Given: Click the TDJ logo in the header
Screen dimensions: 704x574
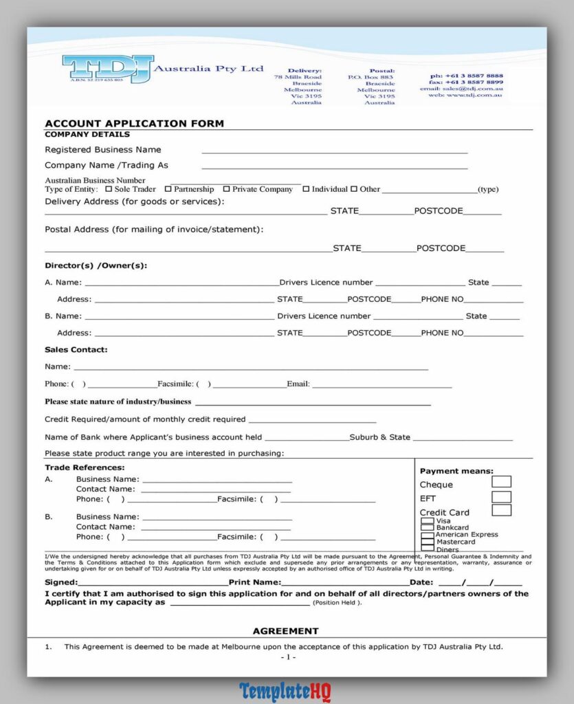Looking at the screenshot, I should [109, 69].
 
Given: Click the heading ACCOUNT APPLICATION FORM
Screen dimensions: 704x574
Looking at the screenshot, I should [134, 124].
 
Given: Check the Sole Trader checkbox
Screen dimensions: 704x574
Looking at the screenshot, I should [109, 189].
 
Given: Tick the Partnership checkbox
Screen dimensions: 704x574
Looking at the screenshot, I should [168, 189].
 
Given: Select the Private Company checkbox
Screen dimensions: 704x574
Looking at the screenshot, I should [226, 189].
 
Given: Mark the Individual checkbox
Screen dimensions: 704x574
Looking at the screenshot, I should [306, 189].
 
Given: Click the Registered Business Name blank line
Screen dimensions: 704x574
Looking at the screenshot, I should [334, 151].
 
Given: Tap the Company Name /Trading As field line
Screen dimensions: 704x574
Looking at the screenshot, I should [334, 166].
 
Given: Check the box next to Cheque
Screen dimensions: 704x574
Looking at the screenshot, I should [501, 482].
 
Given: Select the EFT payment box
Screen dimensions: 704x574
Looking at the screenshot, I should [501, 496].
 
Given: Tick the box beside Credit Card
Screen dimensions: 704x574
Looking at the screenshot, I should [501, 510].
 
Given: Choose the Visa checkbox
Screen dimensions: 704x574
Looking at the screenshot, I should [428, 521].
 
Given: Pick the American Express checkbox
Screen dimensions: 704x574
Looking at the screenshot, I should [428, 535].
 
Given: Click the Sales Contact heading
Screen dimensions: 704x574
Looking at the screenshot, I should [76, 350].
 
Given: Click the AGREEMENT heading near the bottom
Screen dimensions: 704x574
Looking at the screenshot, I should [285, 631].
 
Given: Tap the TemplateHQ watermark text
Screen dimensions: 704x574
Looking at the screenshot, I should [286, 691].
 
